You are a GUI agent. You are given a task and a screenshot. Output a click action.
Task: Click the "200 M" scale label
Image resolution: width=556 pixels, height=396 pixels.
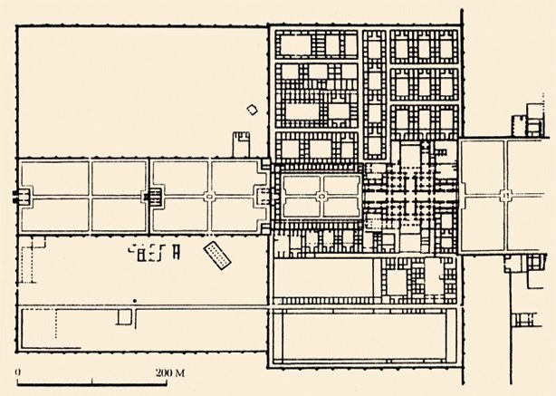coord(170,373)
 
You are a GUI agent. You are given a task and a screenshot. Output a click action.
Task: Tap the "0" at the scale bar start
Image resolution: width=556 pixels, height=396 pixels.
coord(19,373)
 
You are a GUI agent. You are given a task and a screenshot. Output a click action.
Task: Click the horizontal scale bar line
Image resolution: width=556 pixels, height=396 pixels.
coord(85,382)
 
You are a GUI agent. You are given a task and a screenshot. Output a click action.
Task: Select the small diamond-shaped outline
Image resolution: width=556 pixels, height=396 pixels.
coord(252,110)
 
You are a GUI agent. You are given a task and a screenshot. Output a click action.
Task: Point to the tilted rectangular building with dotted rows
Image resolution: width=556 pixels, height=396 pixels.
coord(217,256)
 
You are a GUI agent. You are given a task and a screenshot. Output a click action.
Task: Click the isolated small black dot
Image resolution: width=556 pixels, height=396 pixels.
coord(135,300)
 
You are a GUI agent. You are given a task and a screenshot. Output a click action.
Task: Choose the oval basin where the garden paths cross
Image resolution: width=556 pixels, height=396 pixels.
coord(208,195)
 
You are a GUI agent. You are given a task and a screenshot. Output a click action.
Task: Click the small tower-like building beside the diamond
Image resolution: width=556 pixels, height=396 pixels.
coord(242,143)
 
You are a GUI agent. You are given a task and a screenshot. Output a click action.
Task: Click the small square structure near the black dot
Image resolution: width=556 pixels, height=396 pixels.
coord(125,317)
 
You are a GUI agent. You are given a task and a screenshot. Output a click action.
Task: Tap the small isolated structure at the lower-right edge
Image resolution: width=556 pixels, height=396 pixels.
coord(524,318)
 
